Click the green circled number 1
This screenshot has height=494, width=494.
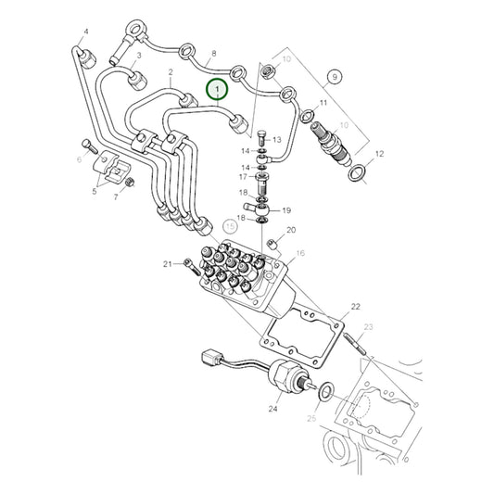click(218, 90)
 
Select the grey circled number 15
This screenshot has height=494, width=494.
click(231, 226)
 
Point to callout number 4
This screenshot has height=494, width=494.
click(86, 32)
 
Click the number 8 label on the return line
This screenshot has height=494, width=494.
click(214, 54)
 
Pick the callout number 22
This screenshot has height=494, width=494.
click(354, 305)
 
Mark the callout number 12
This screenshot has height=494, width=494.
click(379, 153)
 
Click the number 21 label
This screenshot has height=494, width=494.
click(168, 264)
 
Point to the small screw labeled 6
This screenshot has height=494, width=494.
click(87, 145)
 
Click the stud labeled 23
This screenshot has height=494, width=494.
click(356, 348)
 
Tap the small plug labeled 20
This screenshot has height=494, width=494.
click(271, 243)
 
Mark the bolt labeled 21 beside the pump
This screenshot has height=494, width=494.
click(189, 266)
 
